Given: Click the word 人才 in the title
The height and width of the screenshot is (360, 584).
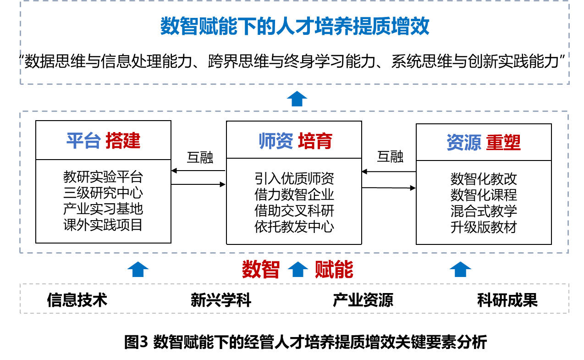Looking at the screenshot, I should click(295, 27).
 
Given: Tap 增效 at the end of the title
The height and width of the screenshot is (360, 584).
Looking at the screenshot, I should click(410, 27).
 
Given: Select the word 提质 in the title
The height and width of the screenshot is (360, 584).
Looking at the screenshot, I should click(372, 27).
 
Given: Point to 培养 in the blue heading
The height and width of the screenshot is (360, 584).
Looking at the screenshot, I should click(333, 27).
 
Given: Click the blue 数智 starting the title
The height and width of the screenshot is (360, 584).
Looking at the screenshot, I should click(179, 27).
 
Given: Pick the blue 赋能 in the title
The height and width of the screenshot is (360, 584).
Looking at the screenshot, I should click(218, 27).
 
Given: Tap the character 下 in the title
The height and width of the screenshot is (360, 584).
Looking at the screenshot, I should click(247, 27).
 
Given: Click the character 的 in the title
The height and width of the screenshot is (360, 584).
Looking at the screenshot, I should click(266, 27).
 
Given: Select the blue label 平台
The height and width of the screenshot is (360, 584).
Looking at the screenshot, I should click(84, 141).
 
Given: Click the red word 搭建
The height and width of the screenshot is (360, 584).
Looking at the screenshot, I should click(123, 141).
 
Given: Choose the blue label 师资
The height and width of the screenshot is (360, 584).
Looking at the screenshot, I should click(275, 141).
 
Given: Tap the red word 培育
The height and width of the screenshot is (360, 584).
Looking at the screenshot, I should click(315, 141).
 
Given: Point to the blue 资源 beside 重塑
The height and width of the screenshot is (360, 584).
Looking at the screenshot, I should click(464, 143).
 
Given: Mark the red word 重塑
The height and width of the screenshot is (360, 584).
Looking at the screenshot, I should click(503, 143).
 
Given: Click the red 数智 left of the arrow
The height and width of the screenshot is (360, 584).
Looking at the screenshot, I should click(261, 269).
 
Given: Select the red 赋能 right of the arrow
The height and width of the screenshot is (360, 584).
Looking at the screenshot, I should click(334, 269).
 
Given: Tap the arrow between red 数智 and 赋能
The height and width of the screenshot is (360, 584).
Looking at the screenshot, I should click(298, 269).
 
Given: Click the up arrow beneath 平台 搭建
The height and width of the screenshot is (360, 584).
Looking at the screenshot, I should click(138, 269).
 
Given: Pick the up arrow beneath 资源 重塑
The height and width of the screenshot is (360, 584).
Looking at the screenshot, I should click(460, 269).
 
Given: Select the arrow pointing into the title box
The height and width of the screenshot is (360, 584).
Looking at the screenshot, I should click(297, 99).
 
